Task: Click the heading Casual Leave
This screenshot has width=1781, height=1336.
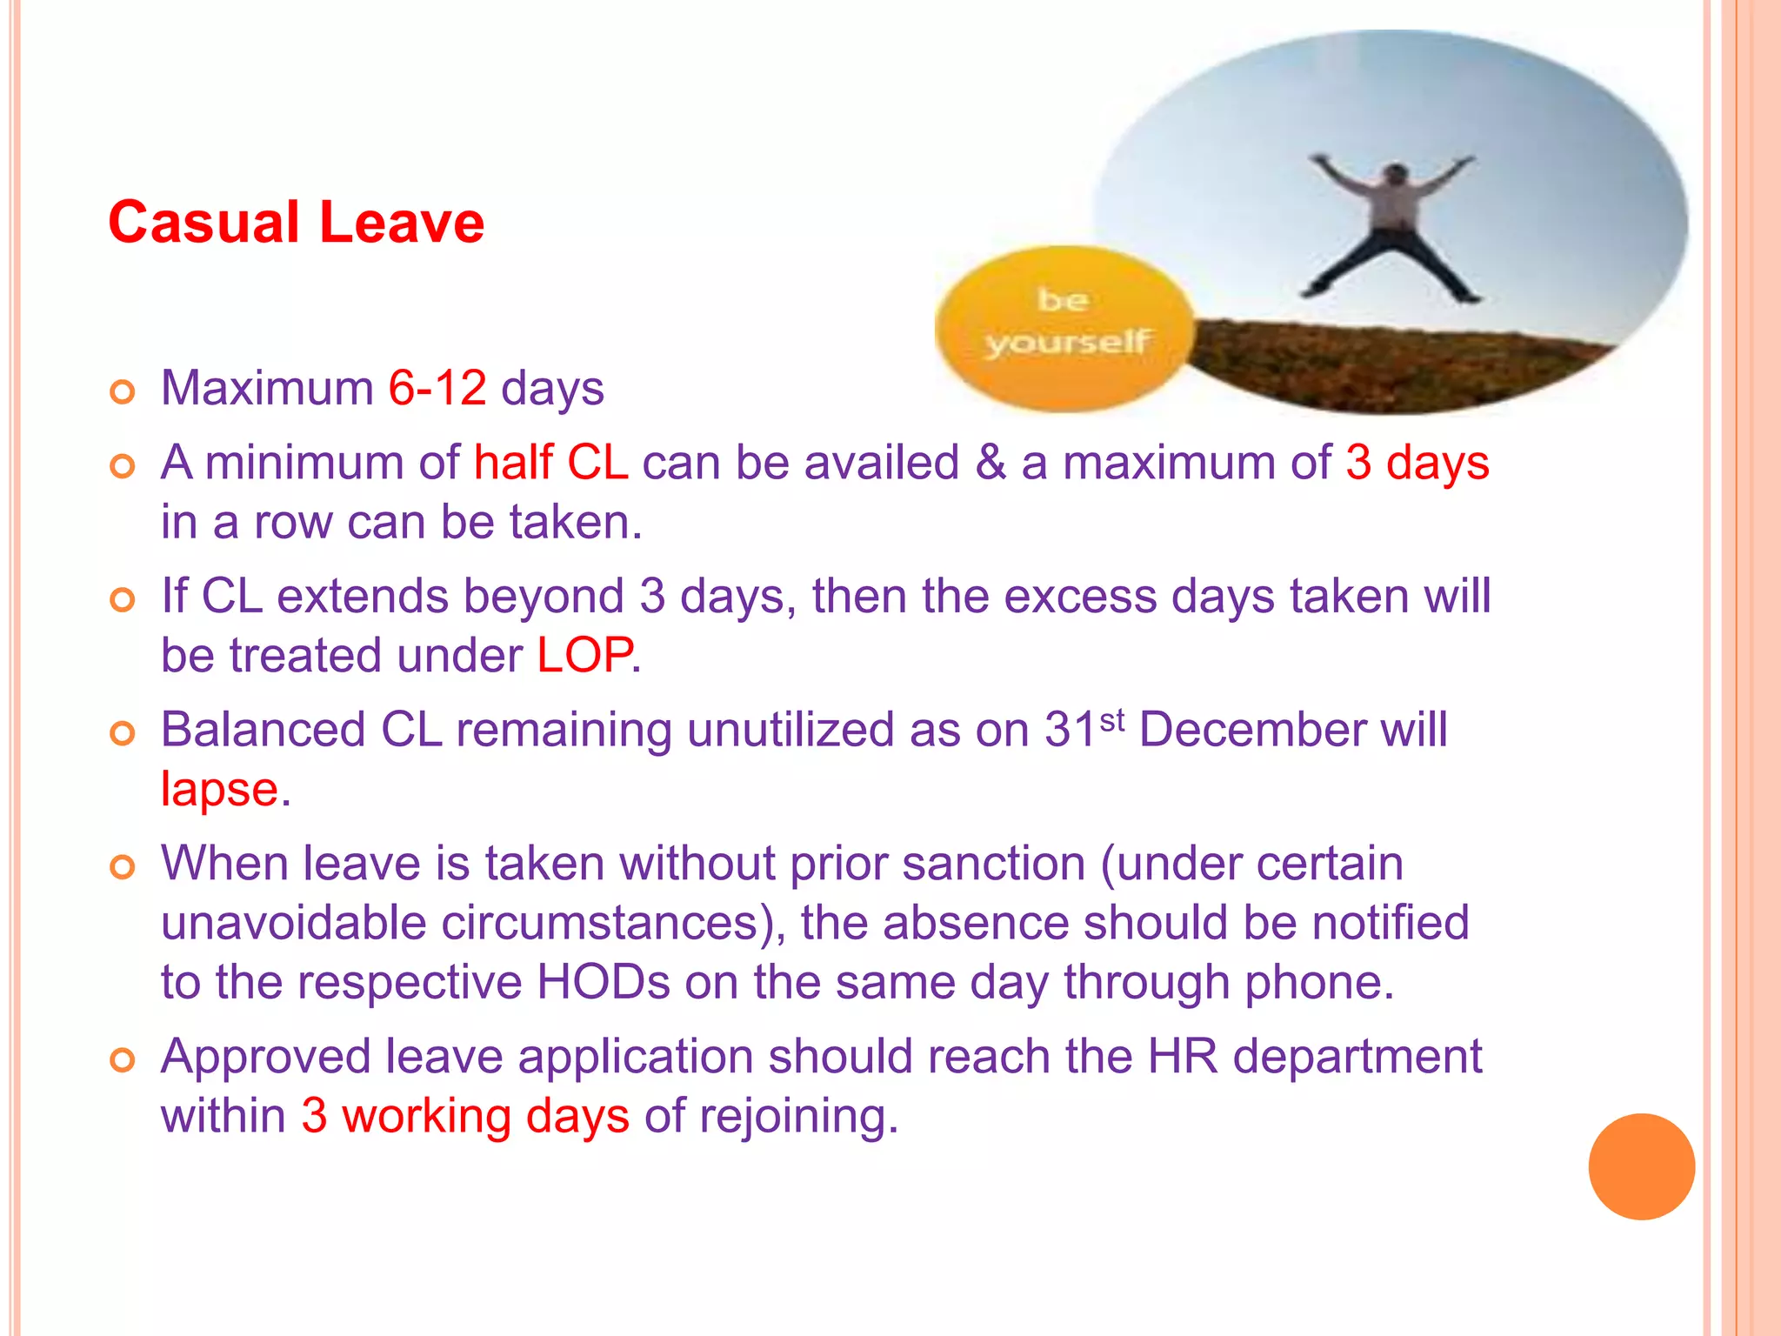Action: [296, 223]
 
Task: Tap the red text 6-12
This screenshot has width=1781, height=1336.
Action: [437, 388]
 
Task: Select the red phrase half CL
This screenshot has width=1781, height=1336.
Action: [550, 463]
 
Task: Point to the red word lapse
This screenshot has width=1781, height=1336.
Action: [219, 791]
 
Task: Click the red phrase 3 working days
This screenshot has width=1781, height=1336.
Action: [465, 1117]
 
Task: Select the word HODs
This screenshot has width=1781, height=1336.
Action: [603, 983]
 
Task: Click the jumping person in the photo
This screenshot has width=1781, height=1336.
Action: [1391, 226]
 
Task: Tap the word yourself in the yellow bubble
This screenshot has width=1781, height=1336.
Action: [1068, 343]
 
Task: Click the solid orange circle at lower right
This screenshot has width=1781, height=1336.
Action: [1641, 1166]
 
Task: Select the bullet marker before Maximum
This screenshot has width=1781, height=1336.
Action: [123, 392]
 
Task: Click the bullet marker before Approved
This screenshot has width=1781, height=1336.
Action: [123, 1060]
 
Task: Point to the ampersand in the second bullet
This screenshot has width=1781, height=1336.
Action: [990, 463]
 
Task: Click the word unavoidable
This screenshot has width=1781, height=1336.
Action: [293, 924]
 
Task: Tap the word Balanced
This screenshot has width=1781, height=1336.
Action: [263, 730]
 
